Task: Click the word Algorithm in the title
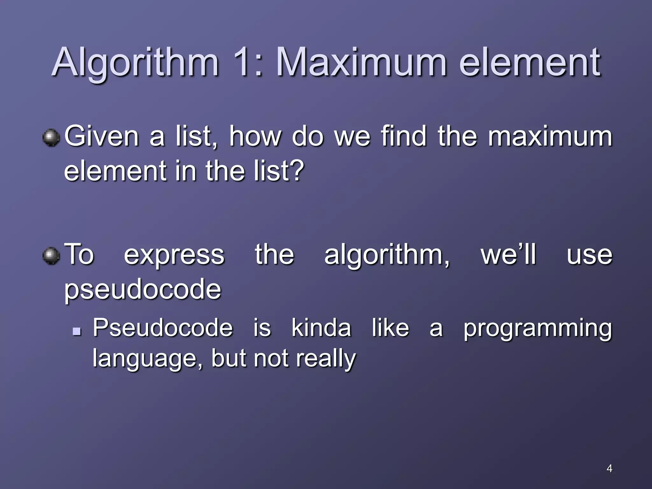click(135, 63)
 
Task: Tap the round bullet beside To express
click(51, 256)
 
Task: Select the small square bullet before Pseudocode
click(76, 332)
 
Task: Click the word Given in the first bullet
click(102, 136)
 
